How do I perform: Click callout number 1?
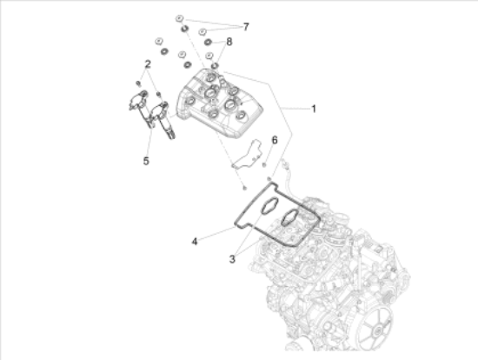point(314,109)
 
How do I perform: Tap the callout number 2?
point(148,64)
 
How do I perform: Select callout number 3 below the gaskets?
point(232,259)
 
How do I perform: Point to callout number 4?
point(195,242)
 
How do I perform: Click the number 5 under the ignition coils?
point(146,161)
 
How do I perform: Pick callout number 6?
point(275,140)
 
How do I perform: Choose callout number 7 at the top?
point(246,27)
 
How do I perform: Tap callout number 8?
point(229,42)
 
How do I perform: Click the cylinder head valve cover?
point(220,103)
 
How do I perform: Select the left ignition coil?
point(141,107)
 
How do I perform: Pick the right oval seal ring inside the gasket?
point(289,217)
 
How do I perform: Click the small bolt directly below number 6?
point(264,165)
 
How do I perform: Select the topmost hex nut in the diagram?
point(179,18)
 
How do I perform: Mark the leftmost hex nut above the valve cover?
point(159,41)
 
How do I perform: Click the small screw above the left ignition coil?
point(138,83)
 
